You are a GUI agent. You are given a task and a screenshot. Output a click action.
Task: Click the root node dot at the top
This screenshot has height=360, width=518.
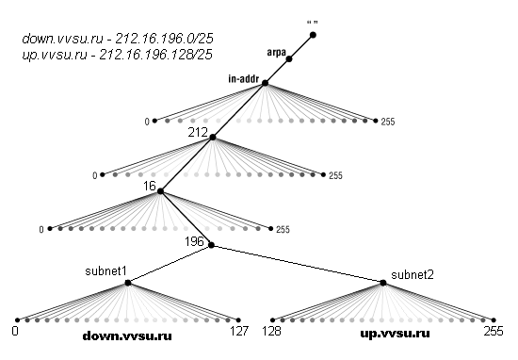click(313, 35)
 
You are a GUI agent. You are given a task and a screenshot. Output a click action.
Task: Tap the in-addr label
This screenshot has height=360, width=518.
click(243, 78)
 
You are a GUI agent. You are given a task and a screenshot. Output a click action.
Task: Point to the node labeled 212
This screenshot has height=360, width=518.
click(213, 138)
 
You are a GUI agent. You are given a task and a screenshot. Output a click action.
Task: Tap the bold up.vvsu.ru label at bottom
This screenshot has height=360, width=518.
click(396, 334)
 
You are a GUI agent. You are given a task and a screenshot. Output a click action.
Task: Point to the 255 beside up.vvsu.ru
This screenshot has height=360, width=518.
click(494, 332)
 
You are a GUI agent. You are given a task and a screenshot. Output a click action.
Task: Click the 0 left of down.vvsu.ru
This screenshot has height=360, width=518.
click(16, 332)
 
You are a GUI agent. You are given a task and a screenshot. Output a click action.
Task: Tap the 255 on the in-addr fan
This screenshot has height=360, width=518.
click(388, 123)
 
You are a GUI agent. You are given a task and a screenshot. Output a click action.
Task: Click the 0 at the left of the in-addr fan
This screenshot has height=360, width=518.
click(148, 122)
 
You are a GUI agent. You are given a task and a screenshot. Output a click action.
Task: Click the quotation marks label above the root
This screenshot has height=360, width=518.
click(312, 19)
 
